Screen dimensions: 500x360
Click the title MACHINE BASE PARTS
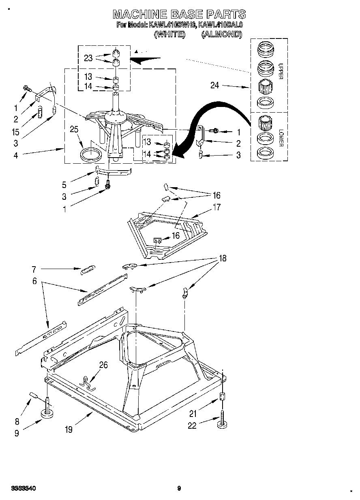[179, 15]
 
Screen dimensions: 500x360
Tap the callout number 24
[215, 85]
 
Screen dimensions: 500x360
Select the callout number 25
[74, 130]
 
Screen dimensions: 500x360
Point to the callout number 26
[104, 365]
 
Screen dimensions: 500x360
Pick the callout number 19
[69, 429]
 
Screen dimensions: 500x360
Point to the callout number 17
[217, 207]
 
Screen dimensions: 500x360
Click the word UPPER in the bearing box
[280, 71]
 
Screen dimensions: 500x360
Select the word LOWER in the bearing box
[280, 138]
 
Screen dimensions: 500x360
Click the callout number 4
[15, 155]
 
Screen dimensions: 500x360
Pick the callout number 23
[88, 58]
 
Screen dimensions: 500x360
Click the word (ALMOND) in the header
[221, 34]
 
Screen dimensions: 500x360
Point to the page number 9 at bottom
[179, 488]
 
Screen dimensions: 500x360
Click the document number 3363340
[24, 488]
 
